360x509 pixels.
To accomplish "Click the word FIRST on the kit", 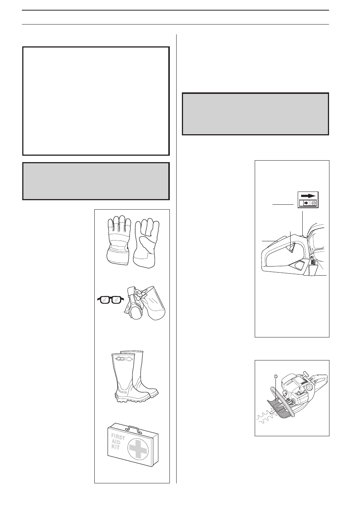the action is [118, 437].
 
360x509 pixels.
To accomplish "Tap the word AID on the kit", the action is [115, 443].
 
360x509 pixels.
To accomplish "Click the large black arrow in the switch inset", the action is [308, 195].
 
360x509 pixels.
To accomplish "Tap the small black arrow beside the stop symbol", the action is [306, 203].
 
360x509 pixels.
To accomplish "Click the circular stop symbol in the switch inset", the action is [314, 203].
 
